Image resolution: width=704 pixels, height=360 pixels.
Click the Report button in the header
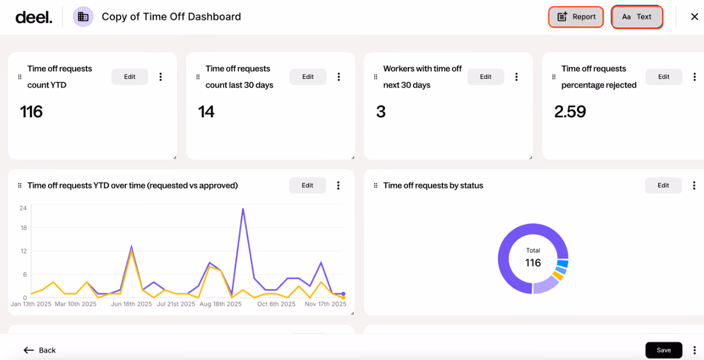pyautogui.click(x=576, y=17)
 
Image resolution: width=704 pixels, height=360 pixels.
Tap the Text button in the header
pyautogui.click(x=637, y=17)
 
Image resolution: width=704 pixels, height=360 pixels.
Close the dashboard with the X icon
pyautogui.click(x=694, y=17)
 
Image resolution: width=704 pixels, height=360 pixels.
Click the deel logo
pyautogui.click(x=34, y=17)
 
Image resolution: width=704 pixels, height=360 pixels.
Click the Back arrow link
pyautogui.click(x=39, y=350)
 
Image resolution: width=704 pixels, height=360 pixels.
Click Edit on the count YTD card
pyautogui.click(x=130, y=77)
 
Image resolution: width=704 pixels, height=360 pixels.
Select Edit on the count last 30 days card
pyautogui.click(x=307, y=77)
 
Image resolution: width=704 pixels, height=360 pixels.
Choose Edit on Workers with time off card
pyautogui.click(x=486, y=77)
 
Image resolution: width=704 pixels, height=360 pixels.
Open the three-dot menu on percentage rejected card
pyautogui.click(x=694, y=77)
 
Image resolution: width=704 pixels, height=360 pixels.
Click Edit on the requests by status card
pyautogui.click(x=663, y=186)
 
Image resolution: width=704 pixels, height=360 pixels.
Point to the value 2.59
pyautogui.click(x=570, y=112)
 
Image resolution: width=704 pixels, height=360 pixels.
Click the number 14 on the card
pyautogui.click(x=206, y=112)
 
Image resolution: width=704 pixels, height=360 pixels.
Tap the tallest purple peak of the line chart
pyautogui.click(x=243, y=209)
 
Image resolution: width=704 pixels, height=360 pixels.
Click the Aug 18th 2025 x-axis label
pyautogui.click(x=221, y=304)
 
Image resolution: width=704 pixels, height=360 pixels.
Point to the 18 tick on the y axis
pyautogui.click(x=24, y=228)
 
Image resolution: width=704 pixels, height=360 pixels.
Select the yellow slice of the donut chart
pyautogui.click(x=558, y=276)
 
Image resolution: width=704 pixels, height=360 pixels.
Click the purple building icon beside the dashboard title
pyautogui.click(x=83, y=17)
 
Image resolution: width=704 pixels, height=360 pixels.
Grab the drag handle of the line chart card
pyautogui.click(x=20, y=186)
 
